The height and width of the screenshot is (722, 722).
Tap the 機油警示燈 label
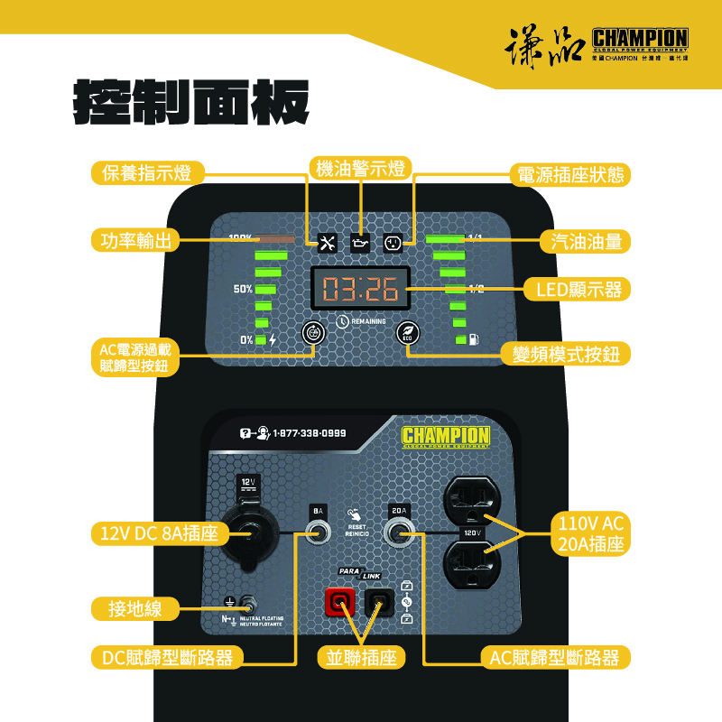pos(360,168)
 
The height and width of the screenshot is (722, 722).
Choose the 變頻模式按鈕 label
pos(566,354)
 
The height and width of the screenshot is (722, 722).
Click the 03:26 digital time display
pos(360,290)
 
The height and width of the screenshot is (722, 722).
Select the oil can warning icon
pos(360,243)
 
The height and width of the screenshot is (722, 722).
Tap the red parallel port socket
pos(341,601)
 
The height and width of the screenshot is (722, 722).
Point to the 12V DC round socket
pos(250,534)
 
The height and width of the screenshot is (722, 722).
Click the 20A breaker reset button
pos(399,534)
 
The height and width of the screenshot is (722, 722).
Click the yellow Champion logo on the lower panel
pos(446,437)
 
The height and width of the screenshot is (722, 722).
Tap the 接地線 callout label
pos(128,609)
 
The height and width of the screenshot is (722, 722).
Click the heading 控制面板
pos(191,102)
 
